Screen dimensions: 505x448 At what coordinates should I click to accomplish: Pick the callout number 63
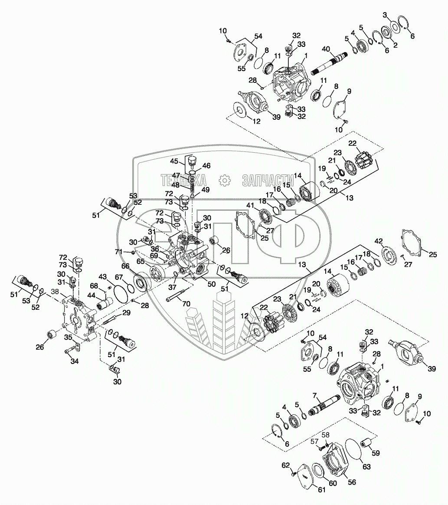366,467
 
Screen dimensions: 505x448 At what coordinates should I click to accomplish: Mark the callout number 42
379,241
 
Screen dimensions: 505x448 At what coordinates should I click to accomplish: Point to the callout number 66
125,266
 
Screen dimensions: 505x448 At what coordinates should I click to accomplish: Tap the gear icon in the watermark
224,180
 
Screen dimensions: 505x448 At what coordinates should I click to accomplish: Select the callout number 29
126,313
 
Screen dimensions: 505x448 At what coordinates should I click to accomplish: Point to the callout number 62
285,465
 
